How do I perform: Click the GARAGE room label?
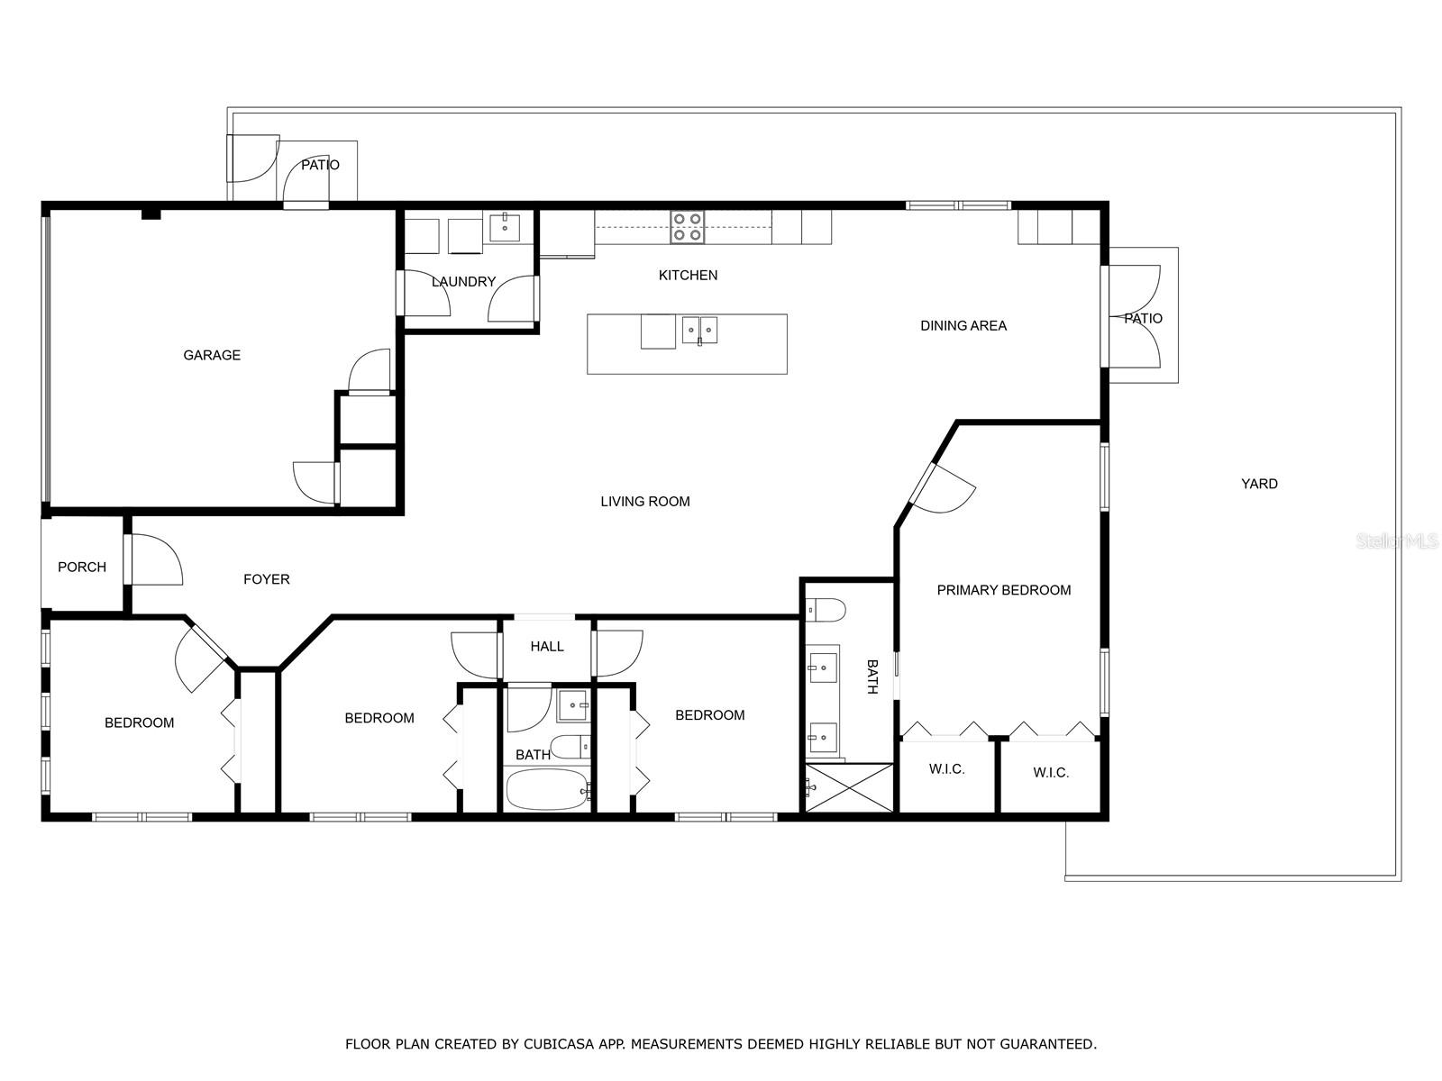(x=212, y=355)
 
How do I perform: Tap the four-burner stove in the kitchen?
(x=688, y=227)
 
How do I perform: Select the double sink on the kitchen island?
(x=699, y=330)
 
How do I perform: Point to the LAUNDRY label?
(x=463, y=282)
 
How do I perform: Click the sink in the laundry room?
(x=506, y=227)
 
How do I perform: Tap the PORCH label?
(x=82, y=567)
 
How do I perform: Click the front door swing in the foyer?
(x=155, y=560)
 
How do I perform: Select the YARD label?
(x=1259, y=484)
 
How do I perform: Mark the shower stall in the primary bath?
(x=848, y=787)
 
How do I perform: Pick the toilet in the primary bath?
(x=826, y=609)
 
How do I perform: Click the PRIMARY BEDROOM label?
(x=1003, y=590)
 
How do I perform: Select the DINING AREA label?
(x=963, y=325)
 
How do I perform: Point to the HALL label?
(x=547, y=646)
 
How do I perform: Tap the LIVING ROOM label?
(x=645, y=502)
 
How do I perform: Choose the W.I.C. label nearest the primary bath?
(x=946, y=768)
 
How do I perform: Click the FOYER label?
(x=267, y=579)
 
